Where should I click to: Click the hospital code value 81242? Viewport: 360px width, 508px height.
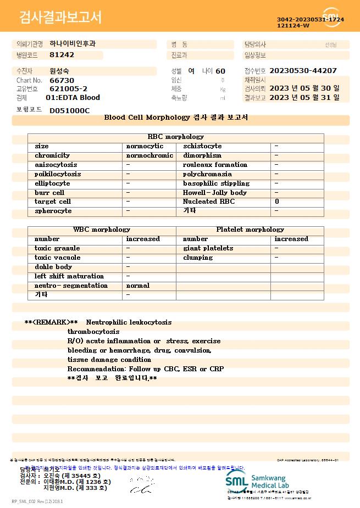[62, 55]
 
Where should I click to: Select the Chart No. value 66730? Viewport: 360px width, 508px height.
[62, 80]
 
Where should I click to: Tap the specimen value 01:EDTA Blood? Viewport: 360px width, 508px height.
[73, 98]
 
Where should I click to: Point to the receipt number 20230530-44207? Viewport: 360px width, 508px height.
[303, 71]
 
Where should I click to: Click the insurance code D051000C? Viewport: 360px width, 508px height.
[69, 110]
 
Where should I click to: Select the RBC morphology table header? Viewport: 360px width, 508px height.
[176, 137]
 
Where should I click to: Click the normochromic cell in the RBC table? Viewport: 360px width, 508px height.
[149, 155]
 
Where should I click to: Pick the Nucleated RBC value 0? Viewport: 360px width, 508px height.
[277, 202]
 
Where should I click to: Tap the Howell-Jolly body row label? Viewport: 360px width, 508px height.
[215, 193]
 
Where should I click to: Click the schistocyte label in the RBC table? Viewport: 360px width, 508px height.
[202, 146]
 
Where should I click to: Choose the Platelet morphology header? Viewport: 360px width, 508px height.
[250, 230]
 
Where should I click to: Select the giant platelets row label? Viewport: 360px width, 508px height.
[208, 248]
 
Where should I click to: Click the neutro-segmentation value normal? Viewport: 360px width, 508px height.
[138, 286]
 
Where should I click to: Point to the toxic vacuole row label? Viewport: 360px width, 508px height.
[58, 258]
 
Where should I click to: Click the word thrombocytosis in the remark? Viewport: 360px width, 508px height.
[93, 332]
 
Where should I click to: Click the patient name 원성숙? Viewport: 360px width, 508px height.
[59, 71]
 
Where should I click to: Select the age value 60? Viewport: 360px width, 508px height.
[220, 71]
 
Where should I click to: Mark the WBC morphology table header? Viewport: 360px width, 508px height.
[102, 230]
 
